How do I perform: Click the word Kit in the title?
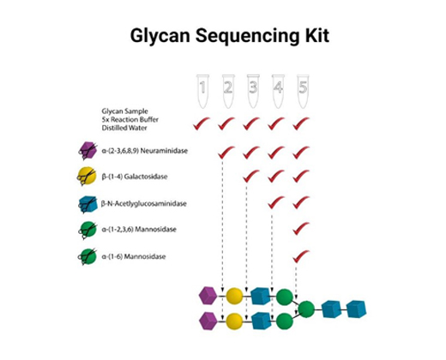point(317,35)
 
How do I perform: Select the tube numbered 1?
point(202,92)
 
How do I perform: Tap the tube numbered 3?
point(253,92)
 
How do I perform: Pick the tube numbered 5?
point(303,92)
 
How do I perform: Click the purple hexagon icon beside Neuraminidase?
point(87,151)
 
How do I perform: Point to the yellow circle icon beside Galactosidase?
point(87,176)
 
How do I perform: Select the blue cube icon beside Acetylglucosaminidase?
point(87,204)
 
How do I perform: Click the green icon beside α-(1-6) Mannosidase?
point(87,256)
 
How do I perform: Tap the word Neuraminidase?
point(164,151)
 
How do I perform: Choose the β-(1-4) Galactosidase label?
point(135,177)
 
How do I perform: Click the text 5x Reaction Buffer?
point(130,119)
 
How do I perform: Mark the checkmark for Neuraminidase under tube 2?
point(226,152)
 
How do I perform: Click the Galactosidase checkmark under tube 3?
point(251,176)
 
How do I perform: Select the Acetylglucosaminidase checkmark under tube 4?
point(276,202)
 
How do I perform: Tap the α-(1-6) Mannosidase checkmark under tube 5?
point(301,256)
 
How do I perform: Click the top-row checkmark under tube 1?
point(202,123)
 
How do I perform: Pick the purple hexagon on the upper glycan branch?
point(208,296)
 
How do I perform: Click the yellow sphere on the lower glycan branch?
point(234,321)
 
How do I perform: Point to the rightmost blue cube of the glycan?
point(356,309)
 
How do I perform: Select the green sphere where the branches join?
point(306,309)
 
